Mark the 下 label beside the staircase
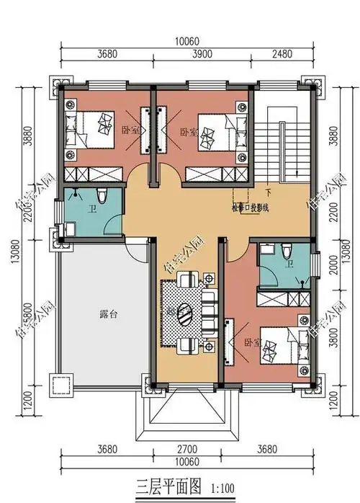pyautogui.click(x=268, y=192)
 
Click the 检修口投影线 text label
pyautogui.click(x=250, y=208)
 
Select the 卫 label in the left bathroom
pyautogui.click(x=93, y=210)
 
